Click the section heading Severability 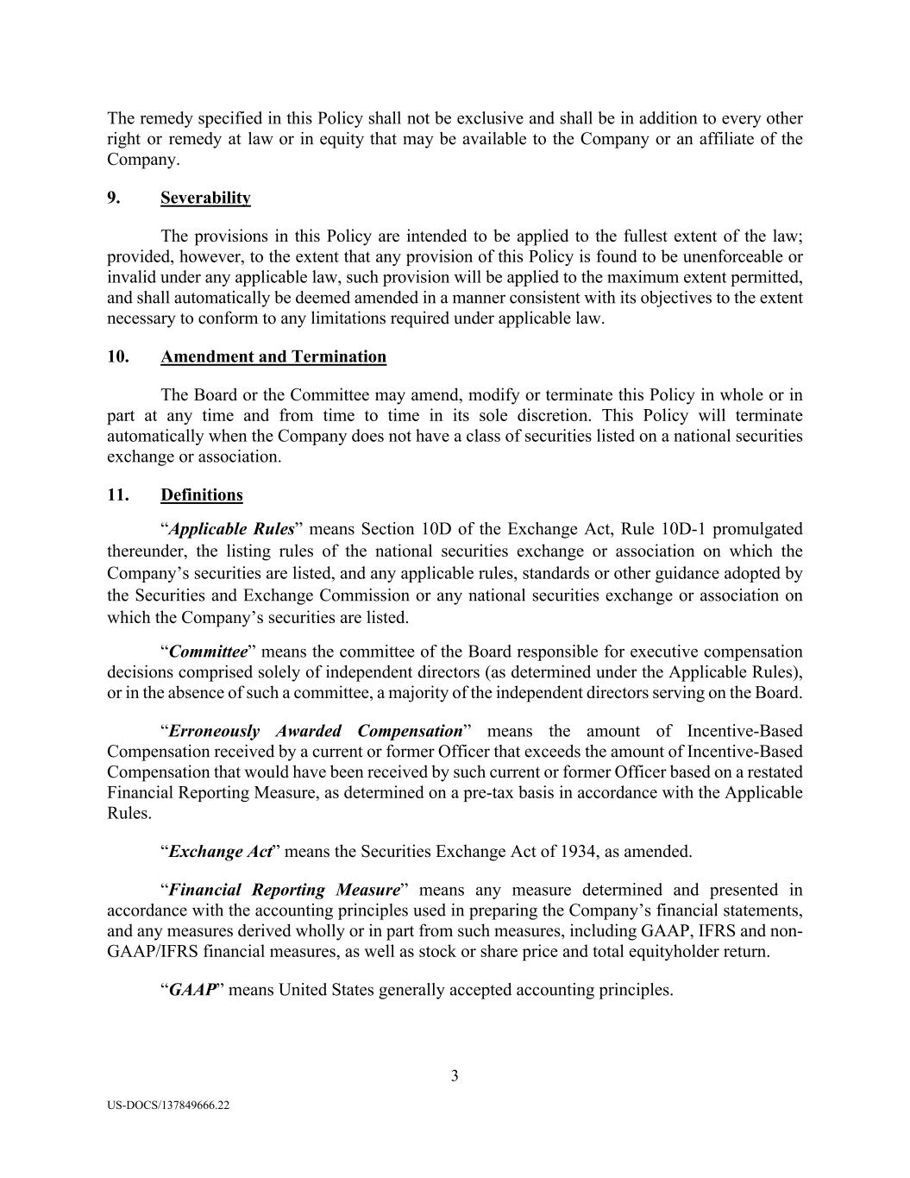point(205,198)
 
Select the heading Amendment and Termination point(273,356)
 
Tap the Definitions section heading point(202,495)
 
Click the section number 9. point(113,198)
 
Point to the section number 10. point(117,356)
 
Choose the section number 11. point(117,495)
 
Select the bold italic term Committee point(208,652)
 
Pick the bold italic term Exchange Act point(221,852)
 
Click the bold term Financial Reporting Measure point(284,890)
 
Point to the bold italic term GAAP point(191,990)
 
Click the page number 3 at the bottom point(455,1075)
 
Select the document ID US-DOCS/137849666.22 point(168,1105)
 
